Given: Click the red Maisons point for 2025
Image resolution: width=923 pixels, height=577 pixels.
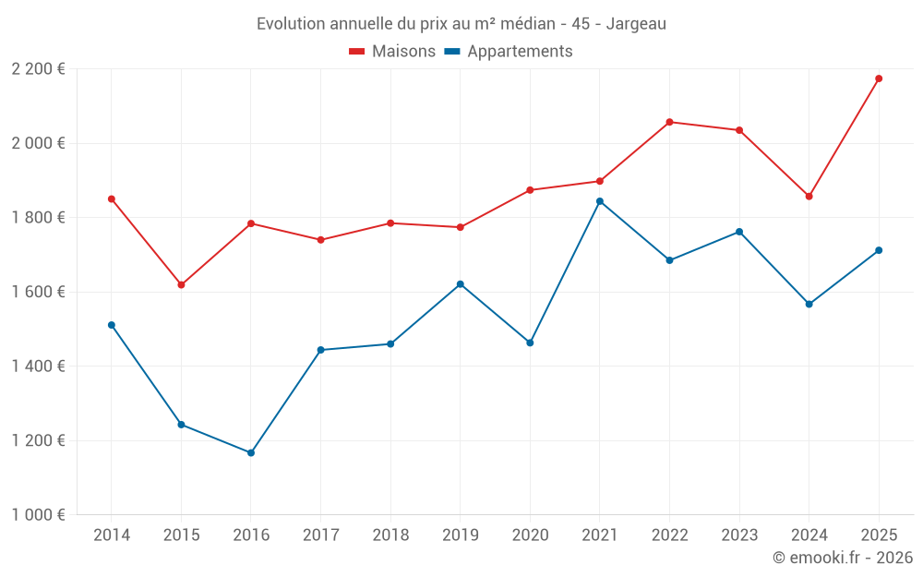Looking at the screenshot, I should point(879,78).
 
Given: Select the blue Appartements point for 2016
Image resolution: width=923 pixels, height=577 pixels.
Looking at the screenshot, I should point(251,452).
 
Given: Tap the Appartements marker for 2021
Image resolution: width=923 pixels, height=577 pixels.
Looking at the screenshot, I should point(600,201).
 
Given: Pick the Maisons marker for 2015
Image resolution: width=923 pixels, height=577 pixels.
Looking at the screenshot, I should point(181,284).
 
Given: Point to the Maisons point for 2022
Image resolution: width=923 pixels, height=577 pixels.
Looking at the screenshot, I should point(669,122).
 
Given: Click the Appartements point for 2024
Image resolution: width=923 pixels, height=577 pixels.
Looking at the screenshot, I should point(809,304).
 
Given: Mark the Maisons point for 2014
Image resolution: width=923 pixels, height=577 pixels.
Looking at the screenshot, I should point(112,198).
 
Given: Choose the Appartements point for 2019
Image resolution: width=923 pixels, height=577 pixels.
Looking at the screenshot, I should point(461,283).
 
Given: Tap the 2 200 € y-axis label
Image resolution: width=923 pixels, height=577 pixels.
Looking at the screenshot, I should point(38,69).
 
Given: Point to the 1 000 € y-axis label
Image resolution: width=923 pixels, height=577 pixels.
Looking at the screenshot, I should point(38,515).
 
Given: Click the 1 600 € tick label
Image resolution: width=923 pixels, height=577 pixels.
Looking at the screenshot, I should point(38,292).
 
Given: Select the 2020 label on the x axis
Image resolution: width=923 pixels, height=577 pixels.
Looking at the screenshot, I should point(530,535).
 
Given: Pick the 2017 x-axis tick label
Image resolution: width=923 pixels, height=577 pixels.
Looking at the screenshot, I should point(320,535).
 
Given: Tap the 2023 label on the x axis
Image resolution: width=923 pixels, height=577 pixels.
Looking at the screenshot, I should point(739,535).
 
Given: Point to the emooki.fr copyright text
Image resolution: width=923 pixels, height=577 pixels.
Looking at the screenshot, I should point(843,558).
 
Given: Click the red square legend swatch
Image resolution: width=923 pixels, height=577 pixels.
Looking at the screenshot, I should point(357,52).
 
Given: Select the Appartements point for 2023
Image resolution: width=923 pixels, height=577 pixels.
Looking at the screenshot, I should point(739,232).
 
